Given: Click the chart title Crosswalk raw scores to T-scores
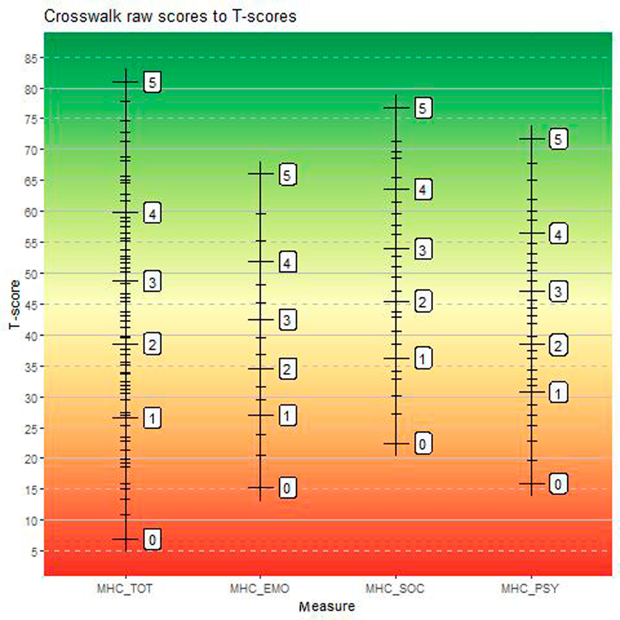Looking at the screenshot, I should coord(170,16).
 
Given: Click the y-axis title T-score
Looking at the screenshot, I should coord(15,304).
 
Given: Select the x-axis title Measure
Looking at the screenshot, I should coord(327,606).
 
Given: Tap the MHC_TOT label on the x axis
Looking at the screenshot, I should coord(125,588).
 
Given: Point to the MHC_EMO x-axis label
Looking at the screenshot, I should coord(260,588).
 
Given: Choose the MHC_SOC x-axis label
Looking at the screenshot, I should coord(395,588).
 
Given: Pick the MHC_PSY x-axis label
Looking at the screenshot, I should coord(530,588).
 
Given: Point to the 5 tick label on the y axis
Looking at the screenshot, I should coord(34,552).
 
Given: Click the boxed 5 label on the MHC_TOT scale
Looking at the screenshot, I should coord(152,82).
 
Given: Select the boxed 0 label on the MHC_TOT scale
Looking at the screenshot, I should coord(152,539).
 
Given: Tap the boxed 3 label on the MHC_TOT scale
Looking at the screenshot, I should coord(152,282).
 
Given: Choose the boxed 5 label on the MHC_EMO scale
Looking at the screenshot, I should coord(288,175).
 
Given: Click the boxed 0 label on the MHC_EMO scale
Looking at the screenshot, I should coord(288,488).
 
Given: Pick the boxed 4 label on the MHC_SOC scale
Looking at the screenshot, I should coord(423,190).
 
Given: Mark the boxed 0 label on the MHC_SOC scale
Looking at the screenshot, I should coord(423,444).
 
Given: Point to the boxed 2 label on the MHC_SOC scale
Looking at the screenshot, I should coord(423,302).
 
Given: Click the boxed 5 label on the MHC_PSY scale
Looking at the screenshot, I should coord(558,139).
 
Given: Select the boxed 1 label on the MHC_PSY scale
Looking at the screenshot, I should coord(558,393).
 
